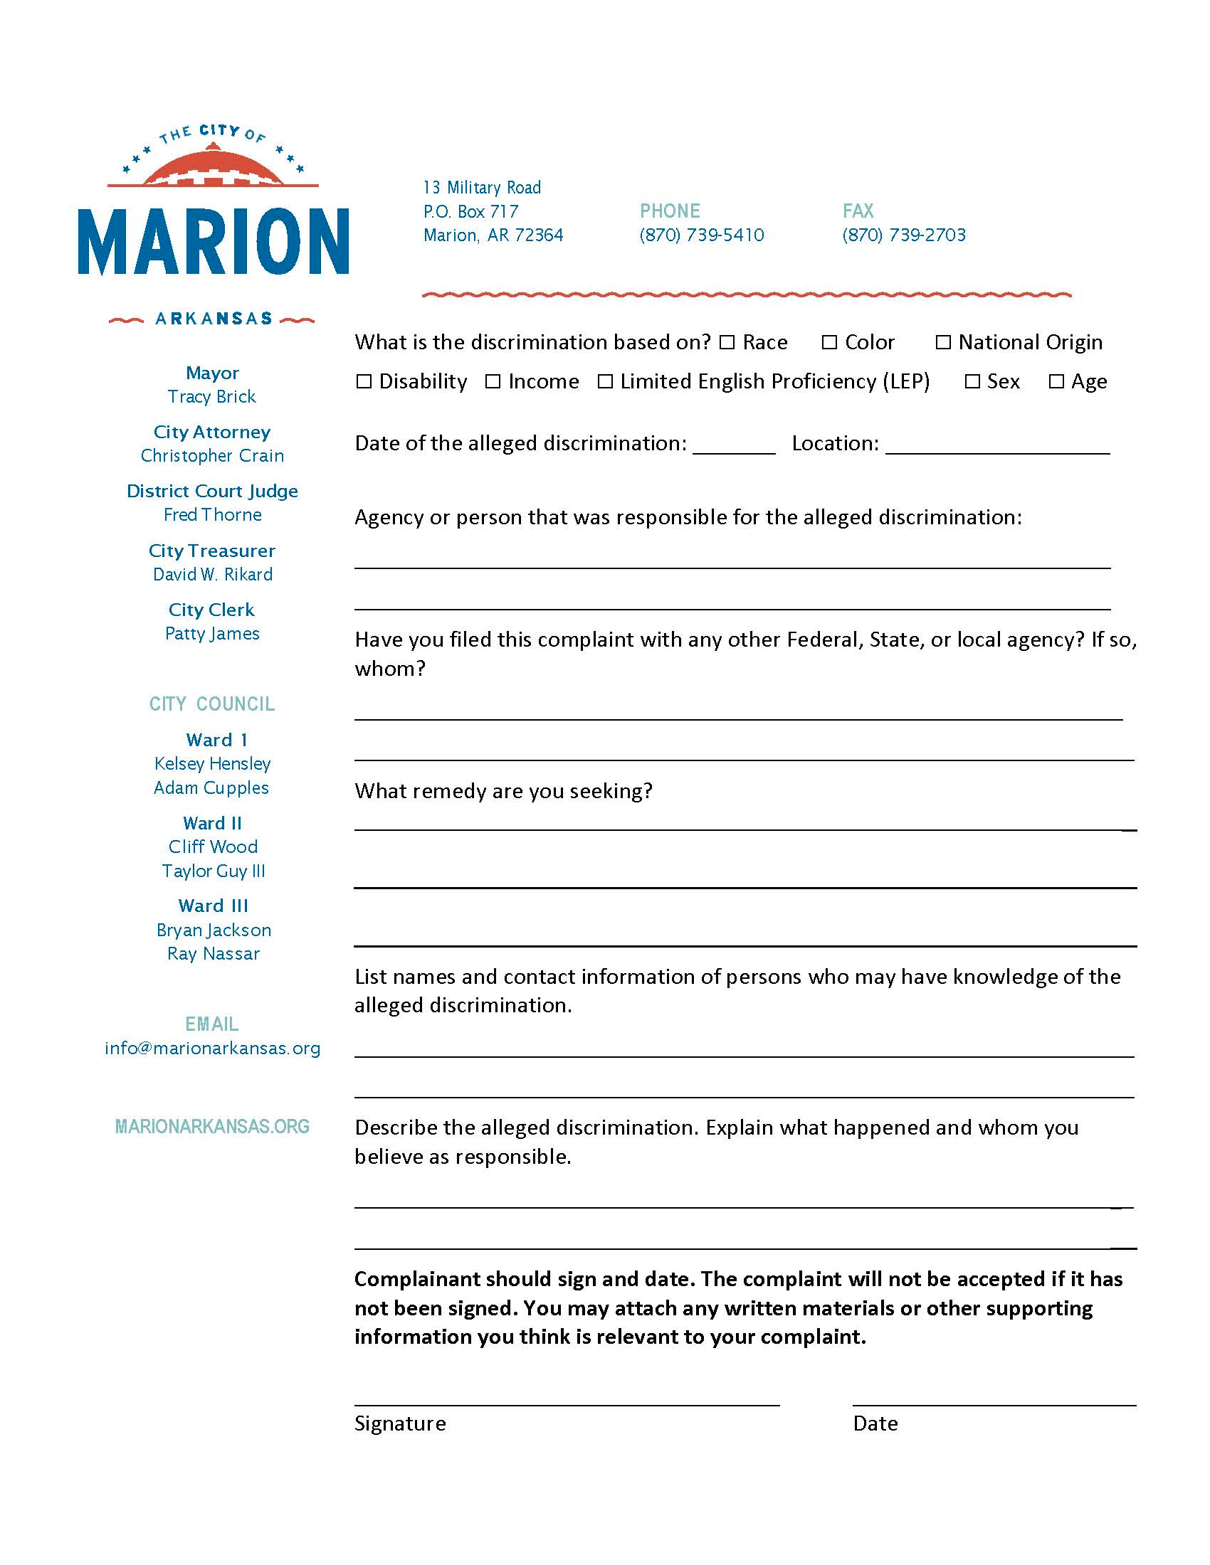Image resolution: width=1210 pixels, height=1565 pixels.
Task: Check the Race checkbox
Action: (x=727, y=343)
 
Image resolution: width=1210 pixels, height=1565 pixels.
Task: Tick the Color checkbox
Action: (x=829, y=343)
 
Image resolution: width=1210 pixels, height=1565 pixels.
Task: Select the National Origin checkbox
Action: (x=943, y=343)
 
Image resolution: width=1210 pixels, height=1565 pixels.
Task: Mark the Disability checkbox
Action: (x=364, y=381)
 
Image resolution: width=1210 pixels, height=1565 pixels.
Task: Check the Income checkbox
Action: (x=493, y=381)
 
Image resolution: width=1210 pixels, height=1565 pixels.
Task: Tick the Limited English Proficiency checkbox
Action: (x=605, y=381)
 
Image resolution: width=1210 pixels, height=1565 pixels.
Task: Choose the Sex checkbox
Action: (x=972, y=381)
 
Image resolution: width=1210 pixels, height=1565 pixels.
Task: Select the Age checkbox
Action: (x=1056, y=381)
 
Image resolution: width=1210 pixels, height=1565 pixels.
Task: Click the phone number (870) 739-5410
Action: (x=702, y=235)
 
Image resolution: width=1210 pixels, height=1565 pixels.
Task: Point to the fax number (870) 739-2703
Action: (x=904, y=235)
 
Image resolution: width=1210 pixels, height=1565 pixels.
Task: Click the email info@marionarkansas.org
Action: (x=212, y=1049)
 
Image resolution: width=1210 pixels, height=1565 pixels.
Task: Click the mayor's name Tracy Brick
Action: (x=212, y=396)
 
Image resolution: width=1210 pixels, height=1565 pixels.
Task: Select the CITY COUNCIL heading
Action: (x=212, y=704)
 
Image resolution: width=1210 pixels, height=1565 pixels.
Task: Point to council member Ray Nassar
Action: (x=213, y=954)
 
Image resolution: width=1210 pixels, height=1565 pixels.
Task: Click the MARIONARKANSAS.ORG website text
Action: (x=212, y=1127)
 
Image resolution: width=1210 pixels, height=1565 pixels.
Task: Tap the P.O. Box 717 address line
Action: (x=471, y=211)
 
